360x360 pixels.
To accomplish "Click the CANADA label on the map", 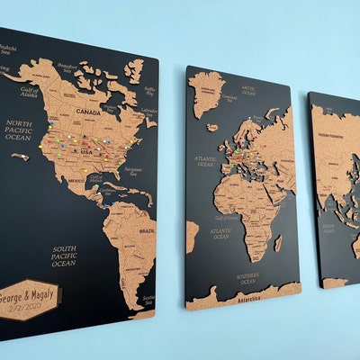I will [x=87, y=112].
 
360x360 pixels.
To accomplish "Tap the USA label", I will [x=87, y=151].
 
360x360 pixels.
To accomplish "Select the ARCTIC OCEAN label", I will [x=248, y=90].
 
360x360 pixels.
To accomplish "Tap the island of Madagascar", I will [x=278, y=243].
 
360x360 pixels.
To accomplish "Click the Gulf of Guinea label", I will [x=225, y=217].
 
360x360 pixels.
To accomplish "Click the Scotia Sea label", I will [x=148, y=299].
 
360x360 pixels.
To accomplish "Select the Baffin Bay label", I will [x=150, y=90].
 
